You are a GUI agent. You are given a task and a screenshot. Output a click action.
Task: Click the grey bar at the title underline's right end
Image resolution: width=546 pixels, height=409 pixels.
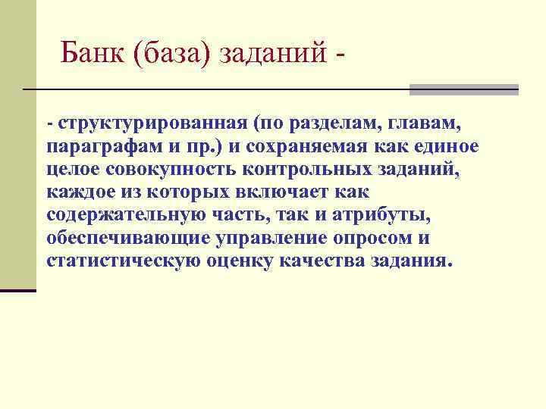pyautogui.click(x=463, y=89)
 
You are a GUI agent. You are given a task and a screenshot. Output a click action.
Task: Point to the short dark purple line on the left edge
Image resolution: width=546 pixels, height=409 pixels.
pyautogui.click(x=18, y=290)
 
